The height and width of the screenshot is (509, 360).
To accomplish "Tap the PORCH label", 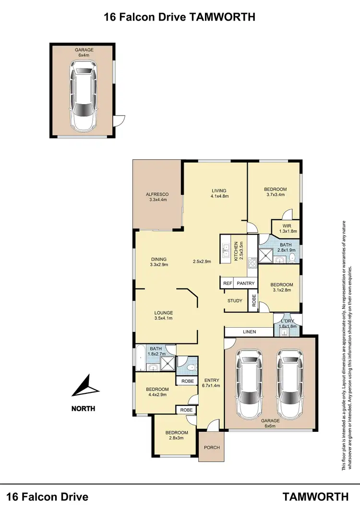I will pos(212,447).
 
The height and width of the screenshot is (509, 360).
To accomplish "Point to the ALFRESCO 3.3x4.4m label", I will pos(156,197).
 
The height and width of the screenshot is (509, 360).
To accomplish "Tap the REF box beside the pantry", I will pos(227,284).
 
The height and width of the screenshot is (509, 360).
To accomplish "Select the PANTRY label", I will pos(245,284).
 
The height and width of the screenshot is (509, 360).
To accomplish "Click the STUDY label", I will pos(235,301).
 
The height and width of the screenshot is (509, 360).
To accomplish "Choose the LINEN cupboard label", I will pos(249,331).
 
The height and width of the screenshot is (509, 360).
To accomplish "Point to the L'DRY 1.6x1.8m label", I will pos(288,324).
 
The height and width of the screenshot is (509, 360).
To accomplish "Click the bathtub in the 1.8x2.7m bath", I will pos(140,358).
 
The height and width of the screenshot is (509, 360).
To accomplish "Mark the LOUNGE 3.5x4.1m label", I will pos(163,315).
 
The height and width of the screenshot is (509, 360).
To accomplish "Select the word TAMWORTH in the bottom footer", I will pos(315,496).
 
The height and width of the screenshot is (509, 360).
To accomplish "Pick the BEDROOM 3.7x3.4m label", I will pos(275,192).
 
